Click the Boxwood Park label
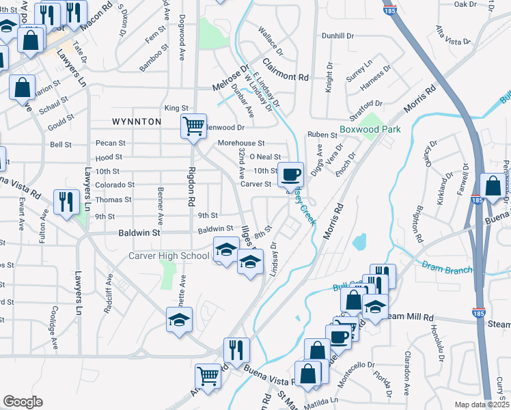(370, 128)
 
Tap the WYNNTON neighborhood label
(137, 122)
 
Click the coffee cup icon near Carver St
(290, 175)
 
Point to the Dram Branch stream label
(447, 268)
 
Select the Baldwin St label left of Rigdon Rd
(142, 233)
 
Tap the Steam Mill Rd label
(410, 318)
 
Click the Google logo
(23, 402)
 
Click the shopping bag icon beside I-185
(493, 186)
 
